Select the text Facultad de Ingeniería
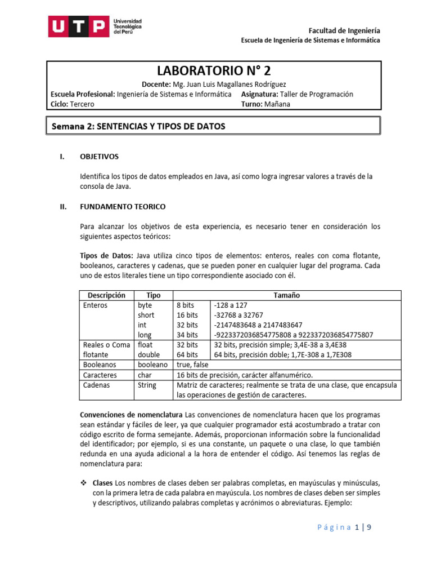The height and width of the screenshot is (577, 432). click(x=345, y=30)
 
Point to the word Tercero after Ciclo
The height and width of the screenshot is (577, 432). click(x=83, y=104)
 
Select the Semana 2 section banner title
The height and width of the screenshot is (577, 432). click(x=138, y=126)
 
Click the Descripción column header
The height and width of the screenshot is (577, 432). click(x=106, y=295)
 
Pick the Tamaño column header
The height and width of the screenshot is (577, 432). click(x=286, y=295)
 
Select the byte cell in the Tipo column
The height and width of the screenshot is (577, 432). click(x=145, y=305)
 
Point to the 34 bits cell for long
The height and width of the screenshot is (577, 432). click(x=187, y=335)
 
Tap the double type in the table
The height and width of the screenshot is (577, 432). click(x=148, y=354)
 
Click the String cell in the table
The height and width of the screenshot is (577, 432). click(x=147, y=385)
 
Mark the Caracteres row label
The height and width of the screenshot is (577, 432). click(x=100, y=375)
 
